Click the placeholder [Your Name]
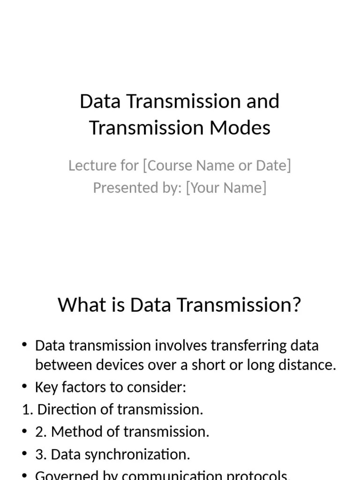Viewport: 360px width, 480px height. tap(226, 187)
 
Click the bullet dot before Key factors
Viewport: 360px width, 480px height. tap(25, 387)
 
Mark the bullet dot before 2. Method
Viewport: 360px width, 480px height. tap(25, 432)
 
